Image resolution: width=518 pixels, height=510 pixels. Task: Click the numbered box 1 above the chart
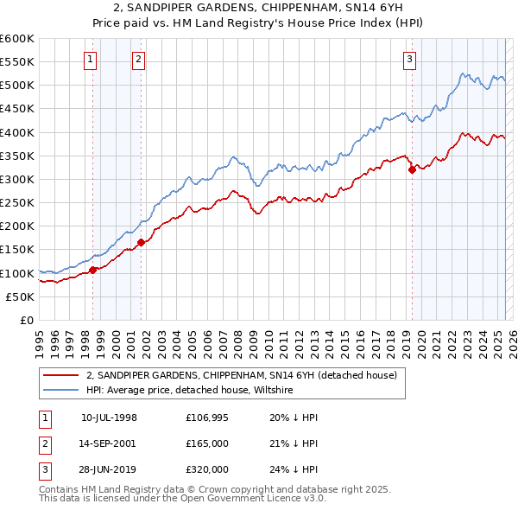click(91, 60)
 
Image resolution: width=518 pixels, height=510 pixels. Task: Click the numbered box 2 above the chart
click(138, 60)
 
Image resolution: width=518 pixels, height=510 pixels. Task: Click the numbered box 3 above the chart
click(409, 60)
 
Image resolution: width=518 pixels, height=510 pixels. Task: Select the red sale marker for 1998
click(92, 271)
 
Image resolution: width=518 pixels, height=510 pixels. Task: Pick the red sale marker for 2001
click(141, 243)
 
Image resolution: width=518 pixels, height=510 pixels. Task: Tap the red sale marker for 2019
click(412, 169)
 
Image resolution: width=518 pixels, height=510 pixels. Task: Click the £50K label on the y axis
click(20, 296)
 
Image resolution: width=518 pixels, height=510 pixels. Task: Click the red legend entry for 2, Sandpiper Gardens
click(241, 375)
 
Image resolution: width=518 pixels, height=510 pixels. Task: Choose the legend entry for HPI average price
click(190, 390)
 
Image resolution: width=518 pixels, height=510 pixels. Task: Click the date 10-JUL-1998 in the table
click(109, 418)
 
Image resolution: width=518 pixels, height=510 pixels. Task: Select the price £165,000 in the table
click(207, 443)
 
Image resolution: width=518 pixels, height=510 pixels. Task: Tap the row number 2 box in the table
click(44, 443)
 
